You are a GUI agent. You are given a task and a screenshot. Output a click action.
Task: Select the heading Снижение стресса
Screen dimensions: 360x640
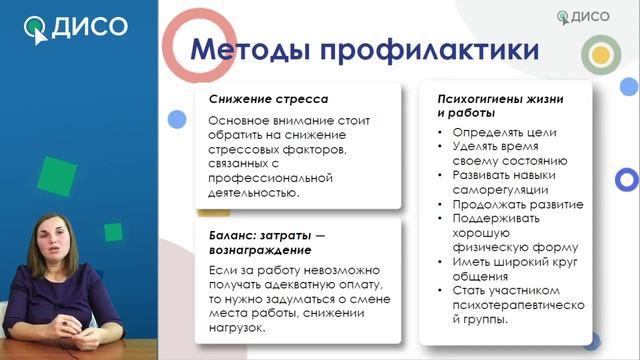(268, 100)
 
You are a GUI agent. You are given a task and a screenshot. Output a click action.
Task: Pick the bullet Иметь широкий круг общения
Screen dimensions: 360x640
(510, 268)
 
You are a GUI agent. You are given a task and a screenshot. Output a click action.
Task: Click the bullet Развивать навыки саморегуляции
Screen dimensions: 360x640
(510, 182)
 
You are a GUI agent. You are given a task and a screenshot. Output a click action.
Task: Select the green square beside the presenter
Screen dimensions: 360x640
(60, 177)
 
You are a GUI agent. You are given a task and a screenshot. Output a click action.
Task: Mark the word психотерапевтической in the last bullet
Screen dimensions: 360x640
(514, 305)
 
